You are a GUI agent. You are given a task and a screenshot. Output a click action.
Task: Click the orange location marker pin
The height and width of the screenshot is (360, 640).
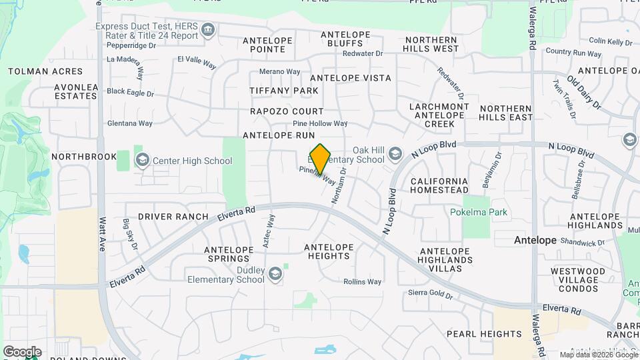point(321,159)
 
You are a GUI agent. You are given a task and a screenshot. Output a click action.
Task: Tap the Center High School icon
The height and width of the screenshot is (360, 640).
point(142,160)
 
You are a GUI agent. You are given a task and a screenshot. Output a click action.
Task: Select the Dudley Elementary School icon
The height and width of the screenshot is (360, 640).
point(275,274)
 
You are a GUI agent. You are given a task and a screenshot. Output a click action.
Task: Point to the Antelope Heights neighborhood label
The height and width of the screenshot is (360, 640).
point(329,252)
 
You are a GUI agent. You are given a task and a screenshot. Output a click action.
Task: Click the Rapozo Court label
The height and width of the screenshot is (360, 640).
point(287,111)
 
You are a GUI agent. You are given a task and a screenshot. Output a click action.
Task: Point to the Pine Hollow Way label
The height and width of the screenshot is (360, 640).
point(320,123)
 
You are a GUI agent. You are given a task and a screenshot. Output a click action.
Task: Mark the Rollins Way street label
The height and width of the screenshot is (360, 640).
point(363,282)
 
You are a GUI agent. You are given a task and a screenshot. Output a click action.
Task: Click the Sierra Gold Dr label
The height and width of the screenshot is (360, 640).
point(431,294)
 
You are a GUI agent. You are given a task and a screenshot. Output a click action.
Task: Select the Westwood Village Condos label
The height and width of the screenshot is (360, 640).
point(578,280)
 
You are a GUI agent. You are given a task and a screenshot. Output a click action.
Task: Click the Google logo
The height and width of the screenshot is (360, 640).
point(22,351)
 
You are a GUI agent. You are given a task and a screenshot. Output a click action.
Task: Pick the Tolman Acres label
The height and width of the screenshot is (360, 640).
point(45,71)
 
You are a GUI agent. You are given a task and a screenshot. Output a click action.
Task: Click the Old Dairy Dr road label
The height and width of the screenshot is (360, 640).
point(584,93)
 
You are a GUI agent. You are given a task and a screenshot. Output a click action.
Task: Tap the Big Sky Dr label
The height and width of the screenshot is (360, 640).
point(129,235)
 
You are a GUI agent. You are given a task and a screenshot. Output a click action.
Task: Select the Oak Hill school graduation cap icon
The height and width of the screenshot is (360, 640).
point(395,155)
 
